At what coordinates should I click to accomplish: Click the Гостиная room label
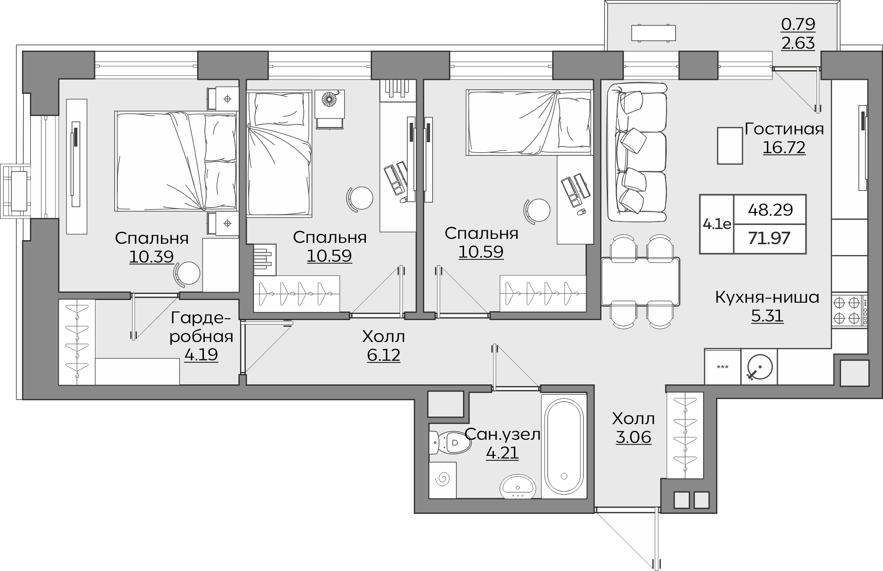point(784,129)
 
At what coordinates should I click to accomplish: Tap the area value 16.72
point(784,147)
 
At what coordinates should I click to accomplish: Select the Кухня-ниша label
point(767,297)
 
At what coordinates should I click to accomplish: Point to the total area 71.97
point(769,238)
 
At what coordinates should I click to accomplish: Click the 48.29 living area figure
point(770,209)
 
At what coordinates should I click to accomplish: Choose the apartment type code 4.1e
point(717,224)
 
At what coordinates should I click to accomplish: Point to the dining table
point(640,281)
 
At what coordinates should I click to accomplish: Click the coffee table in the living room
point(730,146)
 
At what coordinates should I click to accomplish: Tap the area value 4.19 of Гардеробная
point(201,355)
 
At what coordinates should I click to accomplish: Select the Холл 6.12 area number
point(384,355)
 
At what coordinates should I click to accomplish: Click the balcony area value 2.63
point(798,43)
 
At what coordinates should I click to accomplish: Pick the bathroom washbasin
point(517,487)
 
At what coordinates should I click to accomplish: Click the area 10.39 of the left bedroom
point(152,257)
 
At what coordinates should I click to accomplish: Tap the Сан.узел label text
point(502,434)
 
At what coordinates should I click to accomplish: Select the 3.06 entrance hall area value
point(634,437)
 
